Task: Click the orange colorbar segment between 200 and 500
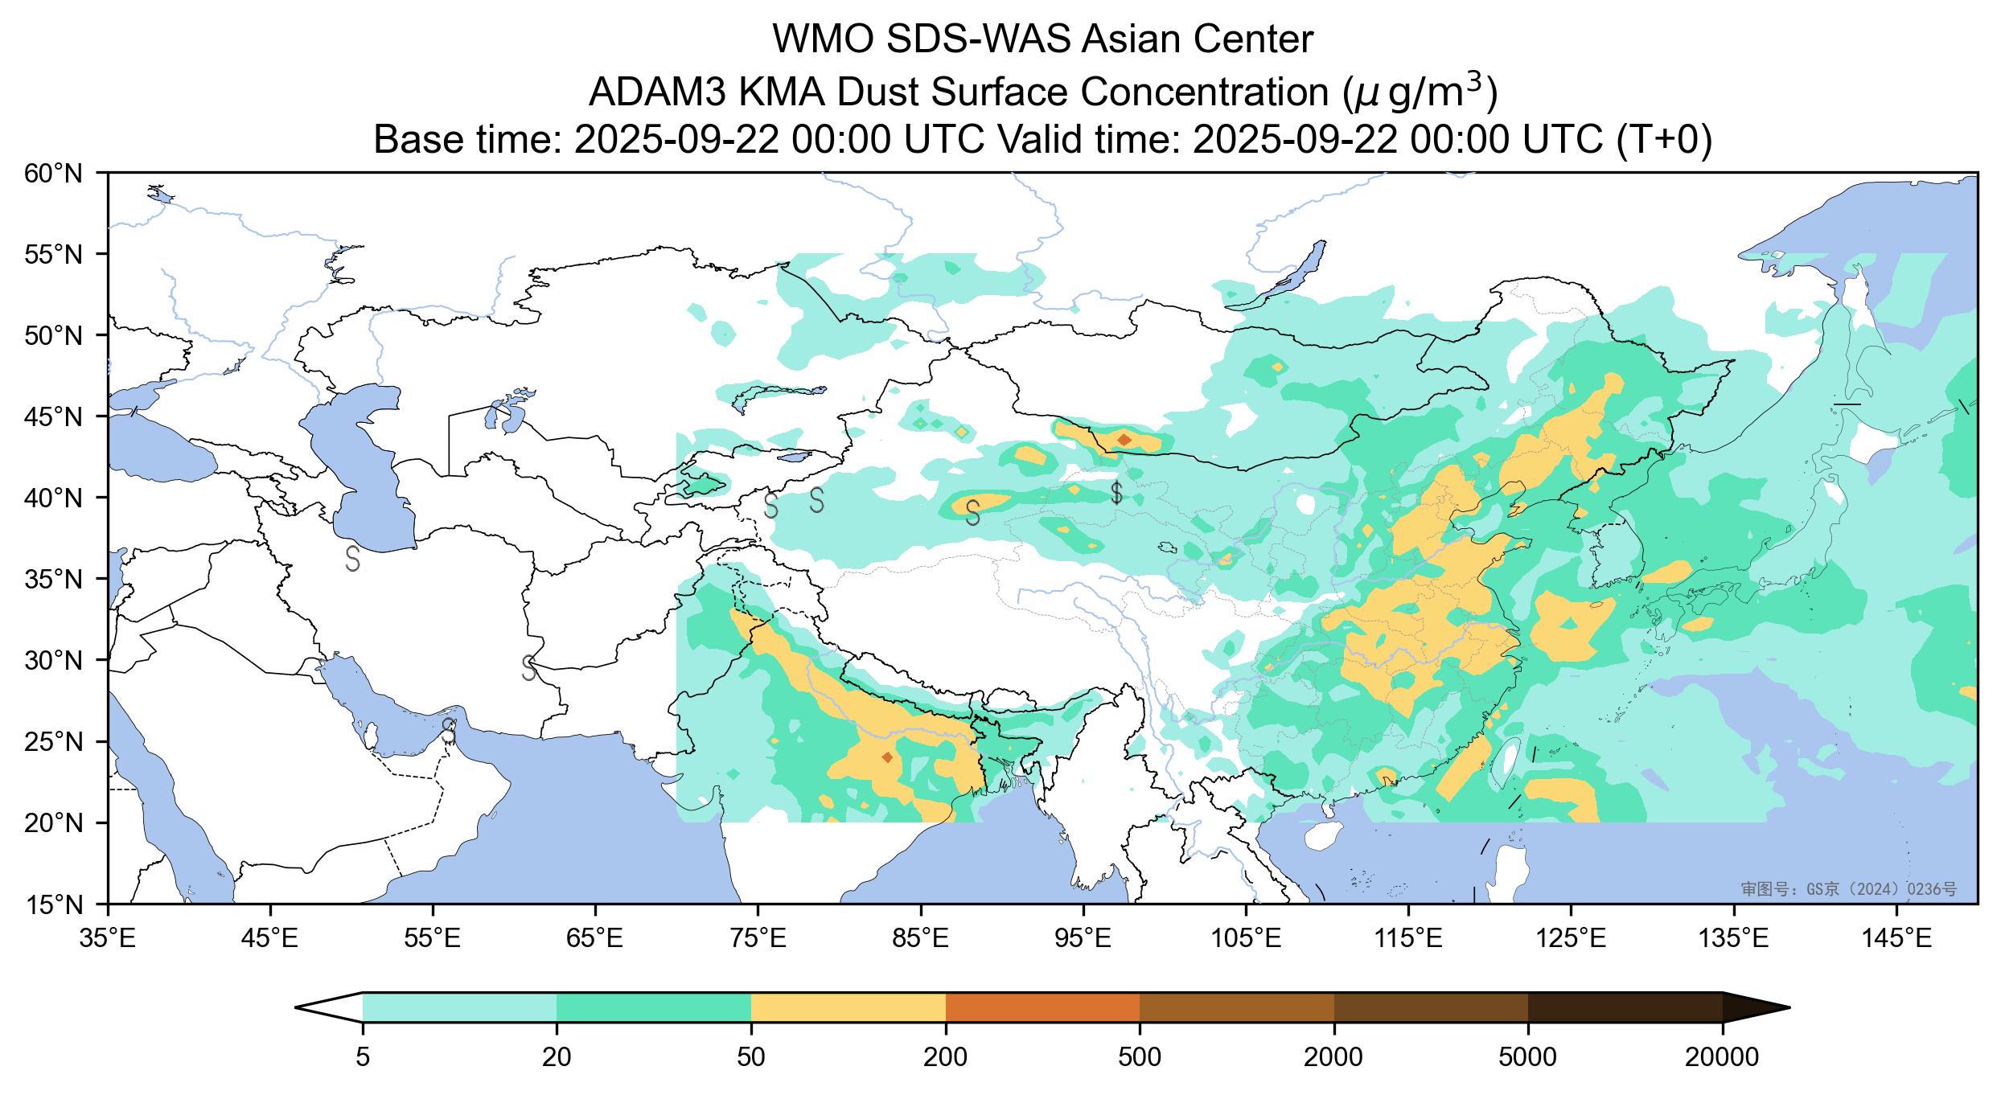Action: click(1042, 1007)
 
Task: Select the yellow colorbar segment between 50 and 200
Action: click(848, 1007)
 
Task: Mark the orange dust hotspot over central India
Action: click(887, 757)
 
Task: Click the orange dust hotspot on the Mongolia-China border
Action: click(1124, 440)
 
